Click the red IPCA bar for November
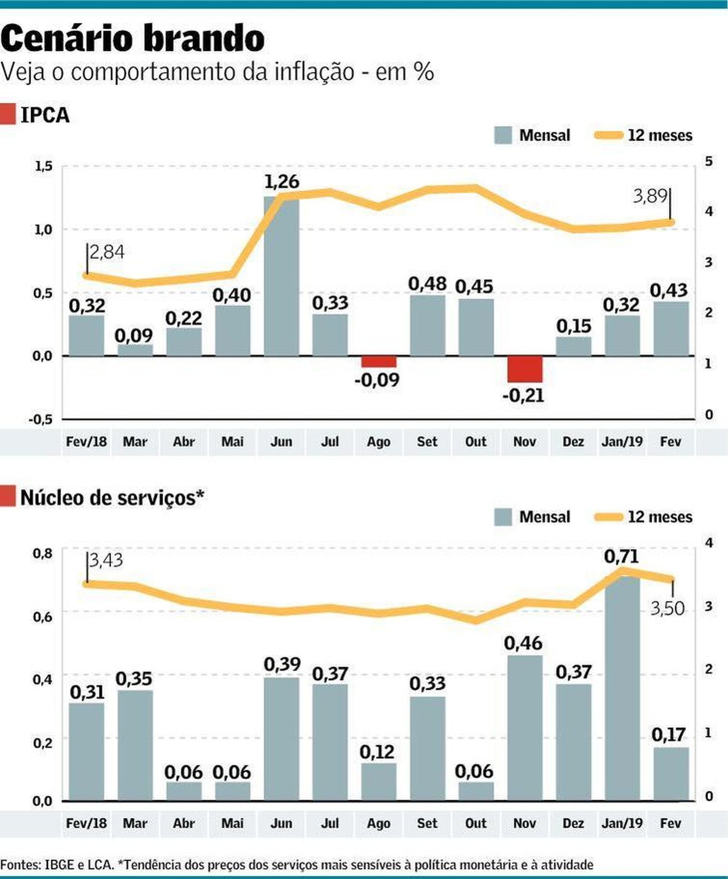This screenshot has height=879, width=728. tap(525, 369)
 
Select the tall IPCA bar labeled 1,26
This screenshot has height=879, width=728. tap(281, 276)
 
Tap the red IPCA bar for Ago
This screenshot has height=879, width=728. tap(379, 362)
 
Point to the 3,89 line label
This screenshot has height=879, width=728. tap(650, 196)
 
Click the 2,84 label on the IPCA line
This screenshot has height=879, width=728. tap(107, 251)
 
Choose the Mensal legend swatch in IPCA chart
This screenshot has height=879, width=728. tap(503, 135)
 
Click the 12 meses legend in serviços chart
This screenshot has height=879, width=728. tap(643, 517)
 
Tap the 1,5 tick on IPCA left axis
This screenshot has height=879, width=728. tap(43, 166)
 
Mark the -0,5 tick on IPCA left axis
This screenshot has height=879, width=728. tap(41, 419)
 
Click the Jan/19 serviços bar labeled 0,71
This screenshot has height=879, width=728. tap(622, 686)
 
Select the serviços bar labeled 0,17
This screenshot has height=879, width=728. tap(671, 773)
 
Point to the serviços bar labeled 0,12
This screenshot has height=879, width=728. tap(379, 781)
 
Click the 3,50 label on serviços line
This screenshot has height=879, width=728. tap(667, 608)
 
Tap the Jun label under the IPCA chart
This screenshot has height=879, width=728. tap(281, 442)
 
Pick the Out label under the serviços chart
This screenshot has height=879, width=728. tap(476, 824)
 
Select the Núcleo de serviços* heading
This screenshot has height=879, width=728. tap(112, 498)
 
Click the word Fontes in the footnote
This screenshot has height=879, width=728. tap(19, 864)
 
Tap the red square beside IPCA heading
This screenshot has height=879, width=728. tap(8, 114)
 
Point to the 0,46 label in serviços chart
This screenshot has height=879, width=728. tap(523, 643)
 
